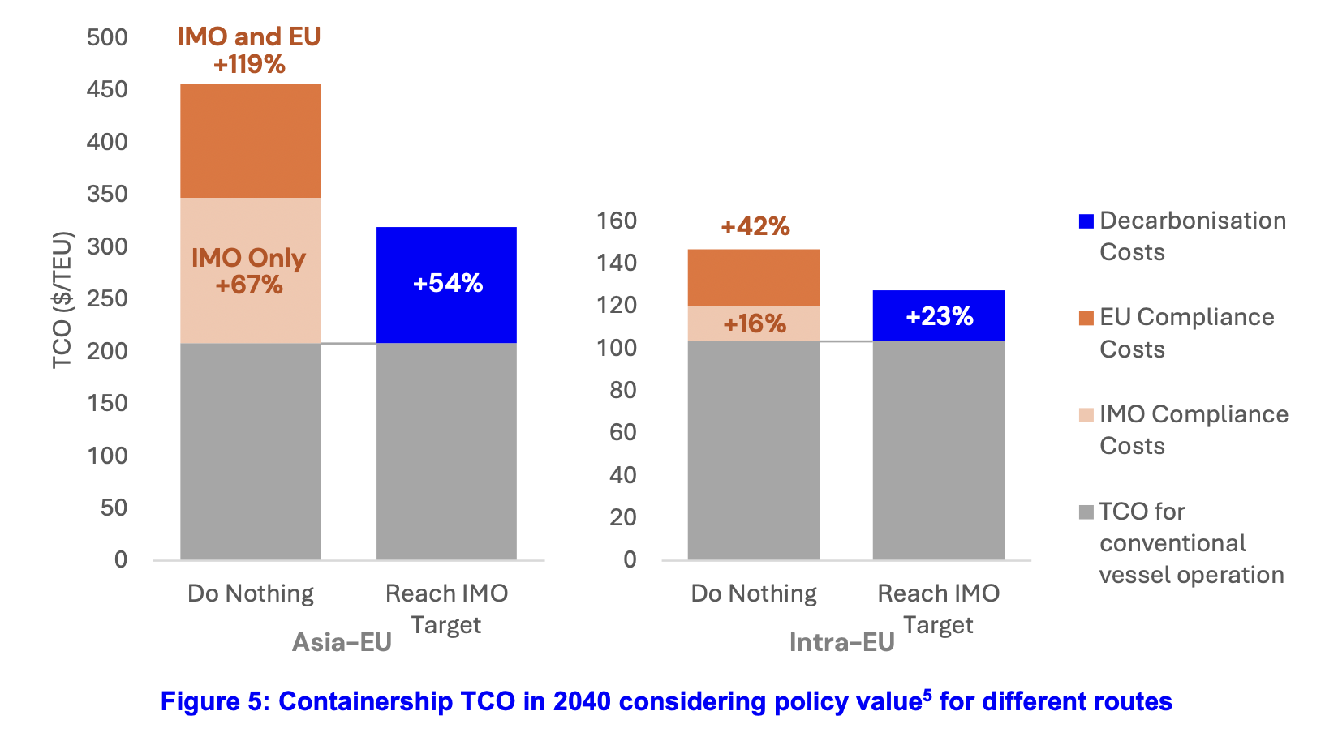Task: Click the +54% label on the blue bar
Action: pyautogui.click(x=448, y=283)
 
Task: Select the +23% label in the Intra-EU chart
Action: pyautogui.click(x=939, y=316)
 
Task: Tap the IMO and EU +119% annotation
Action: pyautogui.click(x=249, y=50)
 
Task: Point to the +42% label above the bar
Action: pyautogui.click(x=755, y=226)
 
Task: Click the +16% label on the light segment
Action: pyautogui.click(x=755, y=324)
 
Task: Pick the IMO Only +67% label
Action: pyautogui.click(x=249, y=271)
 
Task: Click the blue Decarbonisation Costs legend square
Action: pyautogui.click(x=1086, y=221)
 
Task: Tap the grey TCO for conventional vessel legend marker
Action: pyautogui.click(x=1086, y=512)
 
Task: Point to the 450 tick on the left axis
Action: pyautogui.click(x=107, y=89)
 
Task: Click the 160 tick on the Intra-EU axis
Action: pyautogui.click(x=617, y=221)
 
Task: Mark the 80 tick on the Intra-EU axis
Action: pyautogui.click(x=622, y=390)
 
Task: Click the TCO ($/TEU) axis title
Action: pyautogui.click(x=62, y=300)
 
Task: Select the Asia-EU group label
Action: pyautogui.click(x=342, y=642)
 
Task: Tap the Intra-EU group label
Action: pyautogui.click(x=841, y=642)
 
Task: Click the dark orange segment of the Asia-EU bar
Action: pyautogui.click(x=250, y=141)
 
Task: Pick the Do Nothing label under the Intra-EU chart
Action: pyautogui.click(x=754, y=593)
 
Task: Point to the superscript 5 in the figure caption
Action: pyautogui.click(x=927, y=694)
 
